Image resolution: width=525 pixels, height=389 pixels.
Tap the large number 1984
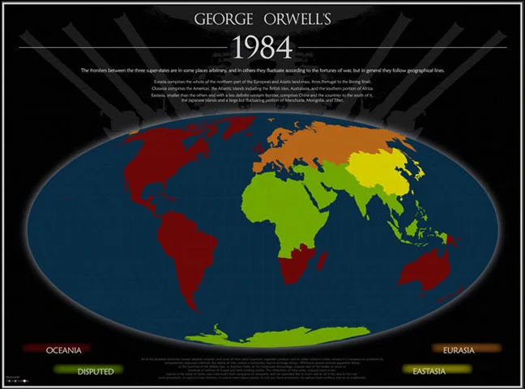pos(262,48)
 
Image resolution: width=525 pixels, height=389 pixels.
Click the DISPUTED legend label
pos(95,371)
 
